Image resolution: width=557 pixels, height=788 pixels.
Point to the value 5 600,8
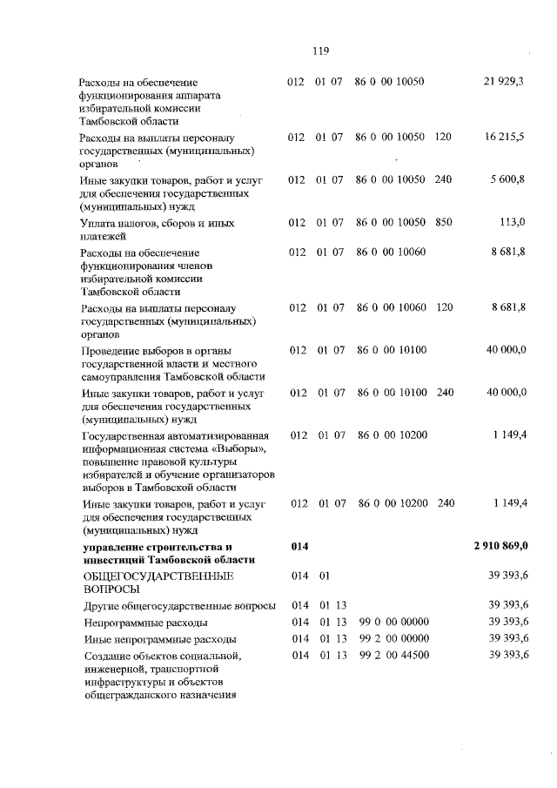click(508, 179)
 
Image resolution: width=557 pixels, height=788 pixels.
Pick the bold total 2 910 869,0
click(501, 545)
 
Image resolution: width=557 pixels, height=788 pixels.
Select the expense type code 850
click(443, 222)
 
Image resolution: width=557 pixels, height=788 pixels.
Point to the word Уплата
click(97, 223)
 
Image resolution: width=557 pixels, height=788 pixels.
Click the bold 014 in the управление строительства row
click(299, 545)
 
